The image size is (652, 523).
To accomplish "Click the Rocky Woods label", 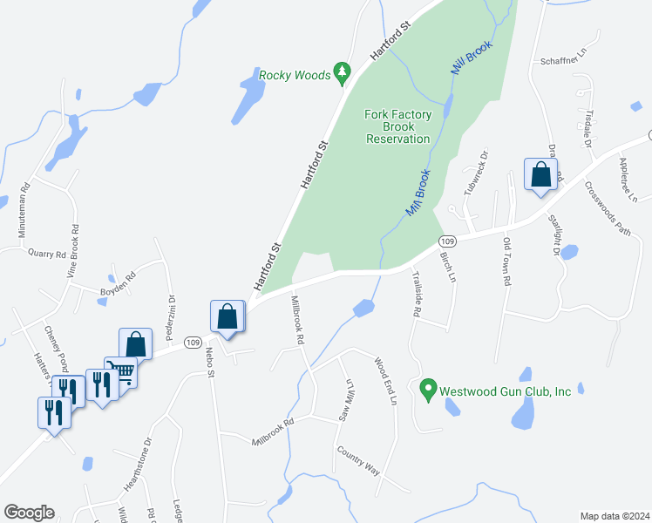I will (295, 75).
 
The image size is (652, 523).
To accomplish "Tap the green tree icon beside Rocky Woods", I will (343, 71).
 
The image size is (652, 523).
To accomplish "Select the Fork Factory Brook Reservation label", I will (397, 126).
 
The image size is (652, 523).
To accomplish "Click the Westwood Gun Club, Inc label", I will (506, 391).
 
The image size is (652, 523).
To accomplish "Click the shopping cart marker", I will (121, 372).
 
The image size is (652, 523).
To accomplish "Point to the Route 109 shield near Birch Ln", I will (447, 241).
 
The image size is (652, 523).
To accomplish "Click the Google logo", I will (29, 513).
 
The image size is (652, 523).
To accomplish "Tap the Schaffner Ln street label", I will (565, 61).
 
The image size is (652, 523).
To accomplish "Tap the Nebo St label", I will (210, 358).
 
